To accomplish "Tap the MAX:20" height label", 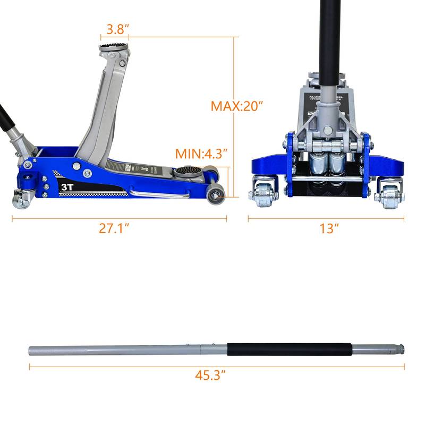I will [x=237, y=106].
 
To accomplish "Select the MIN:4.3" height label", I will [x=201, y=154].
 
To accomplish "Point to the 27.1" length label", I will [x=114, y=228].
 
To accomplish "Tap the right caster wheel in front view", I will [x=388, y=195].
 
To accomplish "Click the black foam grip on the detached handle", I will [x=290, y=350].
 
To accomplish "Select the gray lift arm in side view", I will [x=104, y=112].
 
